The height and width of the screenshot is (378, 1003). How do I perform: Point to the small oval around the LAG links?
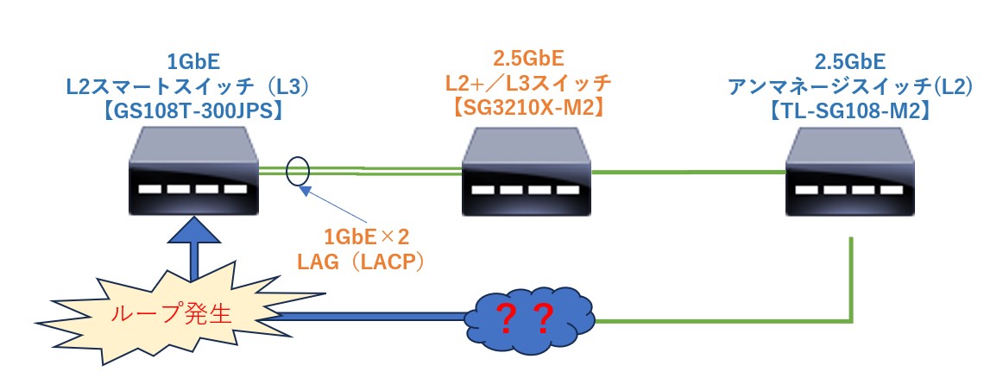tap(298, 172)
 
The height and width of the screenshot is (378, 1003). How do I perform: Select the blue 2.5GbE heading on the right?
tap(850, 62)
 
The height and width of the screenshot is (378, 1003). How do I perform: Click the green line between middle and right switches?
tap(690, 172)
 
